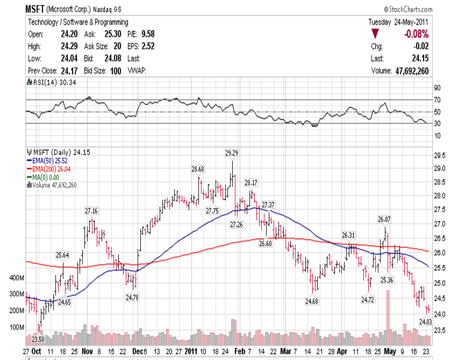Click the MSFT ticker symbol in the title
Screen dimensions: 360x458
click(35, 9)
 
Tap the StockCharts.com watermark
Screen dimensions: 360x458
click(408, 10)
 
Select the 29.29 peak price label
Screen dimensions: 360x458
click(232, 153)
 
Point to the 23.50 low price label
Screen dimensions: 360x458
click(38, 339)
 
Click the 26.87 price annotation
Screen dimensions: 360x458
click(384, 219)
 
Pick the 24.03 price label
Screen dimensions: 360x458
click(426, 321)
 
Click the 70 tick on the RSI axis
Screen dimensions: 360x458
click(437, 100)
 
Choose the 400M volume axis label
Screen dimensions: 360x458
click(17, 278)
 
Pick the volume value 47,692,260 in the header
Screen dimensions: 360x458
click(407, 71)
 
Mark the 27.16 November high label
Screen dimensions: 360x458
click(91, 210)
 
